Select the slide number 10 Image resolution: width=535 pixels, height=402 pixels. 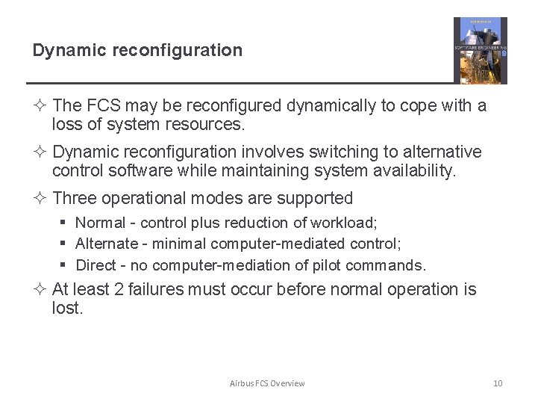498,383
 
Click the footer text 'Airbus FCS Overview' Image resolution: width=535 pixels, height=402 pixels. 267,383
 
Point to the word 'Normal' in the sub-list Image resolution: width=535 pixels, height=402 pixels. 101,223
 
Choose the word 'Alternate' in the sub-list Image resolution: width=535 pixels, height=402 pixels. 107,244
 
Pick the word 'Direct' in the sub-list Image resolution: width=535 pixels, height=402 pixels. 96,265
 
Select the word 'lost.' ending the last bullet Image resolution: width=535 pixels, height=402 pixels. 68,308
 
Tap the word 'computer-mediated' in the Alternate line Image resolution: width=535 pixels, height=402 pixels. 278,244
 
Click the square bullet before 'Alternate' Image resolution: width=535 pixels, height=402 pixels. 65,244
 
